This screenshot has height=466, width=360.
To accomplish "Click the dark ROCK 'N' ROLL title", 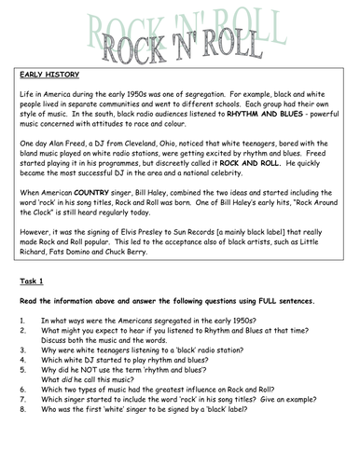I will click(182, 39).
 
